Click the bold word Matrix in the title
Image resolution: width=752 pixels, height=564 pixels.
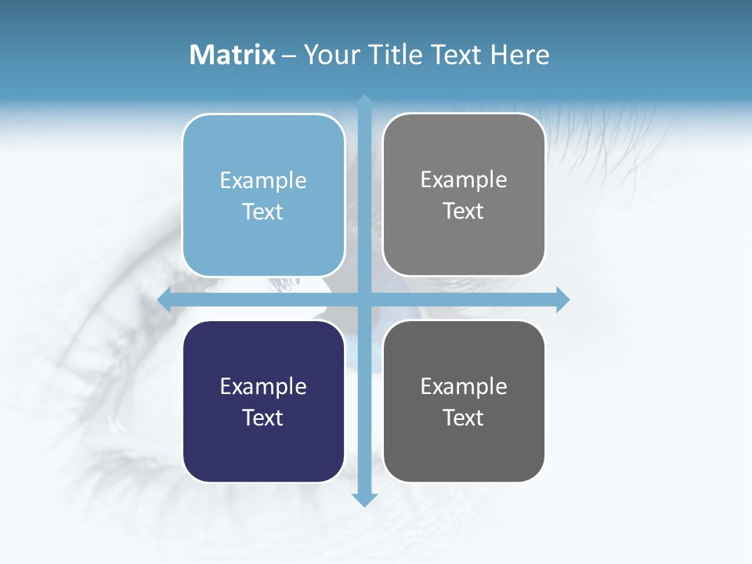click(x=233, y=55)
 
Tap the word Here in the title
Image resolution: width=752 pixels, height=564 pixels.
click(x=520, y=55)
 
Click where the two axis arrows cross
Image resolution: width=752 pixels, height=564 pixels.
click(x=364, y=299)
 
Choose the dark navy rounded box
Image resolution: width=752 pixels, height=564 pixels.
click(x=263, y=454)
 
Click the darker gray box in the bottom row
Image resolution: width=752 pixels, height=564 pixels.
click(x=464, y=454)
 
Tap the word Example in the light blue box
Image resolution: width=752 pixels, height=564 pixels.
click(x=263, y=181)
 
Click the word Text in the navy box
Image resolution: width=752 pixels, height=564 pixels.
click(x=263, y=418)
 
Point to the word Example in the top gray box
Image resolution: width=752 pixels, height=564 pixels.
click(x=464, y=180)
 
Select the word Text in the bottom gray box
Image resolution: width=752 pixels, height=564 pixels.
click(x=464, y=418)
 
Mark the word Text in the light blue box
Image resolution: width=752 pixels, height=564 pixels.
click(x=263, y=211)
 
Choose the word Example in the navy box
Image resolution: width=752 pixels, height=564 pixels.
click(x=263, y=386)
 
